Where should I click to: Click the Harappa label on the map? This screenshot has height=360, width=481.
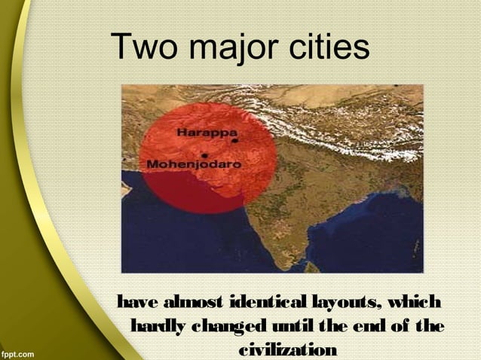pyautogui.click(x=206, y=133)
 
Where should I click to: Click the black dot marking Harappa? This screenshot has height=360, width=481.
pyautogui.click(x=234, y=140)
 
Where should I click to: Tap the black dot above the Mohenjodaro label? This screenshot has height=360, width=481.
pyautogui.click(x=204, y=155)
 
